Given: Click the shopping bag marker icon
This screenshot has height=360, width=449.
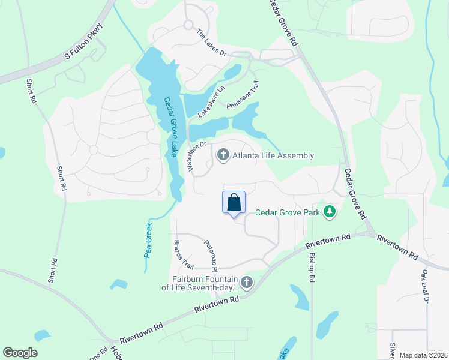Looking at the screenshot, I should coord(234,202).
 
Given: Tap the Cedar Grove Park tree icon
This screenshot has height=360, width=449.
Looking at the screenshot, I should coord(329,211).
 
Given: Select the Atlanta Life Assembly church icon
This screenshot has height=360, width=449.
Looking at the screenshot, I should coord(223,156).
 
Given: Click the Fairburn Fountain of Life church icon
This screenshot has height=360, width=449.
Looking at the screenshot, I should coord(246,283).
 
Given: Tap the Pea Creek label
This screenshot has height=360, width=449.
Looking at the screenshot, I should coord(148,240).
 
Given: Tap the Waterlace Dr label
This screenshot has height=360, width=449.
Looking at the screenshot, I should coord(196,157).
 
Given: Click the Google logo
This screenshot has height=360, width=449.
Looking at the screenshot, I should coord(20,353).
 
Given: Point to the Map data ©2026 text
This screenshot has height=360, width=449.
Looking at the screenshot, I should coord(423,355).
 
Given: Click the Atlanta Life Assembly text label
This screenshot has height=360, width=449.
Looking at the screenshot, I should coord(273,156).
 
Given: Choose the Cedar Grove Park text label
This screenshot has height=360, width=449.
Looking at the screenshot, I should coord(289,212).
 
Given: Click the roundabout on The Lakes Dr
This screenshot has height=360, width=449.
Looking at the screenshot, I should coord(188,25).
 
